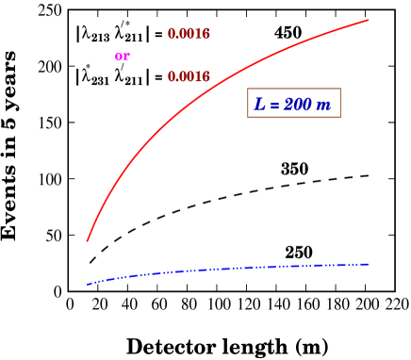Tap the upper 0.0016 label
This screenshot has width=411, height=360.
(189, 35)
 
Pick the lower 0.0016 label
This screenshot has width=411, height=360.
(189, 77)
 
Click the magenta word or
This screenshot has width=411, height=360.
(122, 57)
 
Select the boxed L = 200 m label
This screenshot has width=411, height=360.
(293, 104)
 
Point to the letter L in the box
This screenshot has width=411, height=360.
(260, 105)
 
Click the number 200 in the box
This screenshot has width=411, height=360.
(297, 105)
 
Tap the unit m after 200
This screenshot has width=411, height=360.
(323, 106)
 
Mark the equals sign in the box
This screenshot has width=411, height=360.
(274, 105)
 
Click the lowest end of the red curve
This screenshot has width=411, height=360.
(88, 240)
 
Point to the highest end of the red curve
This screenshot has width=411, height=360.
(368, 19)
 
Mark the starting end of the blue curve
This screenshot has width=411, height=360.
(88, 284)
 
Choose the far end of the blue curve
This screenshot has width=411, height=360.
(368, 264)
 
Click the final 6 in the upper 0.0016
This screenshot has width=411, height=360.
(205, 35)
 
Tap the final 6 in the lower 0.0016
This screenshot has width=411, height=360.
(205, 77)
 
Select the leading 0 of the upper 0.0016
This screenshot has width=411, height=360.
(172, 35)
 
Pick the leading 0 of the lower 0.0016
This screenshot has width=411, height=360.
(172, 77)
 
